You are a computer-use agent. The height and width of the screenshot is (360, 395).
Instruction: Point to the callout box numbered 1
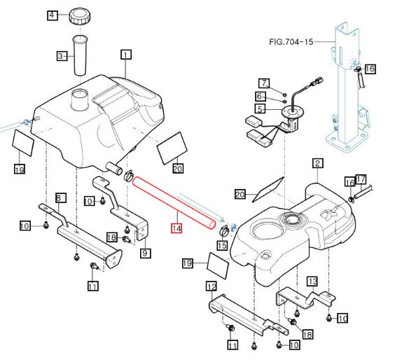126,53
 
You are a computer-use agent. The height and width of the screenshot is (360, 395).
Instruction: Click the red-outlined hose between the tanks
172,202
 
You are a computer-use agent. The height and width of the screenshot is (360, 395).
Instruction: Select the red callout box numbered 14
176,228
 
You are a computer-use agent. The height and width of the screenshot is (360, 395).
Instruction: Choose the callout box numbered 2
317,164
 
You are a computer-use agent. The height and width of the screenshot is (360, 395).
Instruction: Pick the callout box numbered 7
264,83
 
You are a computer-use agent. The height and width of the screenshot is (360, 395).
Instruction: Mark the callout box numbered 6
260,96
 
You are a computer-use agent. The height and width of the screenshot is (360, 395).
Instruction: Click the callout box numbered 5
260,109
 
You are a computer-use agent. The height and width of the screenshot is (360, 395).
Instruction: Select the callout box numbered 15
222,245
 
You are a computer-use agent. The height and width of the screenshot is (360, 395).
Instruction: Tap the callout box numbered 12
212,286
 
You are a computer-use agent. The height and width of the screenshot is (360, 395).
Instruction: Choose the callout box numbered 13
312,281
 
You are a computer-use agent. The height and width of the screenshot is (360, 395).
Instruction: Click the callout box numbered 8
60,198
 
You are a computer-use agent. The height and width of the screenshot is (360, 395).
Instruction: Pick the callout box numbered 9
145,253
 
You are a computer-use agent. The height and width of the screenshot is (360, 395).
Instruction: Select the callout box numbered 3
62,56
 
